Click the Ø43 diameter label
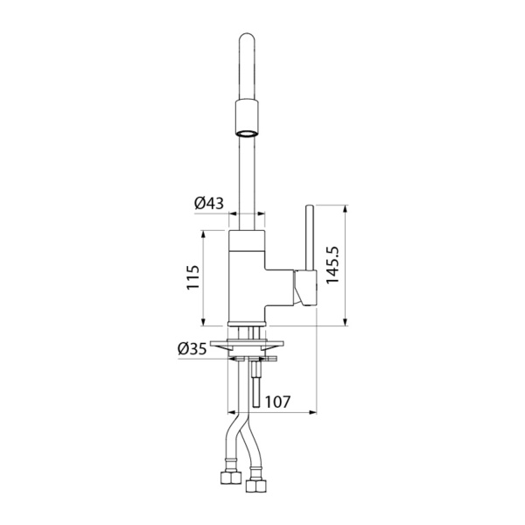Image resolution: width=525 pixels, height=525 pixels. click(209, 203)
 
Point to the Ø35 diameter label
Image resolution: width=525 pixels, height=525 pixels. click(192, 349)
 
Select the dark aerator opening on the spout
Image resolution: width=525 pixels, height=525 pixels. click(246, 134)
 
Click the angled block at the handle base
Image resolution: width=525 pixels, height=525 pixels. click(305, 289)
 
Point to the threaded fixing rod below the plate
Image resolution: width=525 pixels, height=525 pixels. click(255, 385)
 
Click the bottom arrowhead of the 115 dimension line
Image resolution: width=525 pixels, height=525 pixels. click(204, 322)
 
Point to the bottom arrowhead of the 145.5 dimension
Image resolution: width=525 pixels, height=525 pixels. click(347, 323)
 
